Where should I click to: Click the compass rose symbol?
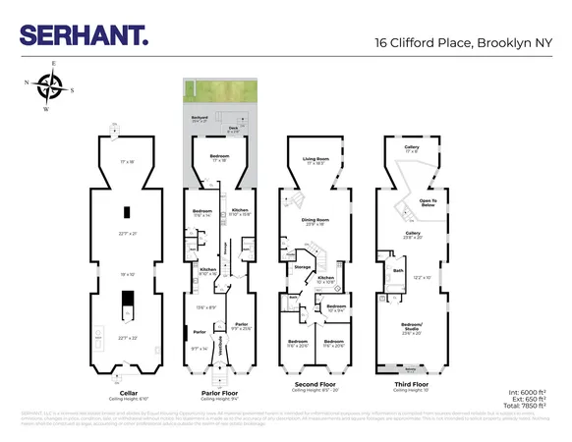pos(50,87)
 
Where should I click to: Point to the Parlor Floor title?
pos(217,392)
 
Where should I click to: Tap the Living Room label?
pos(315,157)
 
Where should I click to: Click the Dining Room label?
pos(315,221)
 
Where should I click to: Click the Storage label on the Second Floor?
pos(303,265)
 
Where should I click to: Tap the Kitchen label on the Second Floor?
pos(325,278)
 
